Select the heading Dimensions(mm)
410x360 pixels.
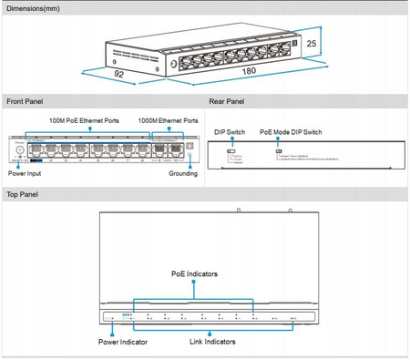click(x=34, y=8)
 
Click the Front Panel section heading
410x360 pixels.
click(x=26, y=101)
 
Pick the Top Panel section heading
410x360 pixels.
click(x=22, y=194)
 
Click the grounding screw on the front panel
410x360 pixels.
click(x=190, y=146)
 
